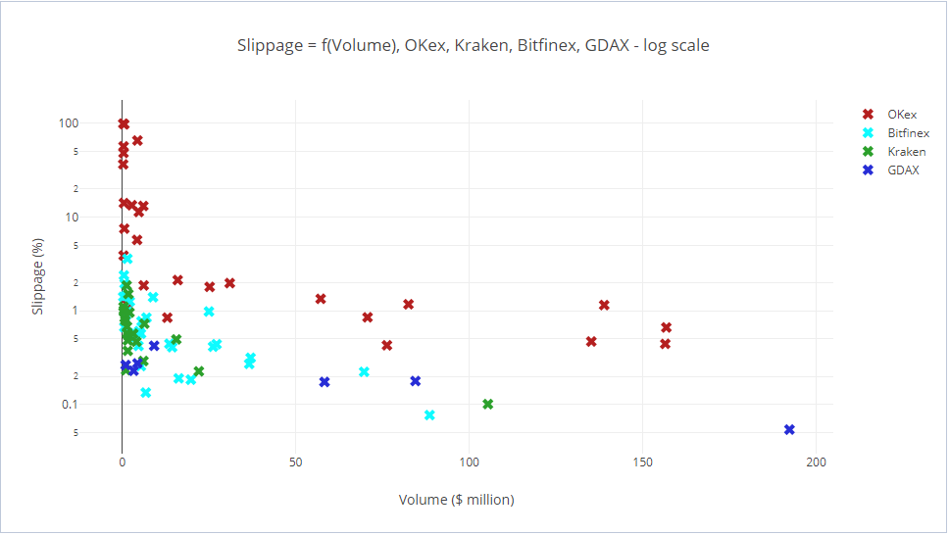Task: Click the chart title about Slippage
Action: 473,45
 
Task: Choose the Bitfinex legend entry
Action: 909,133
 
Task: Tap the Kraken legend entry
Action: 906,152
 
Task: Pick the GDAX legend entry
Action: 903,170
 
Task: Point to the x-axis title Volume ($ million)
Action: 456,500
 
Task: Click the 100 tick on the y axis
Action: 69,123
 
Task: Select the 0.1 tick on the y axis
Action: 70,405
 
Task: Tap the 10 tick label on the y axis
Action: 72,217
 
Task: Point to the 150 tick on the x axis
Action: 643,462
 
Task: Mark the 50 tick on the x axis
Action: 295,462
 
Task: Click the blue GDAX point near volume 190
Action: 789,430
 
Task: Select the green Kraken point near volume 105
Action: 488,405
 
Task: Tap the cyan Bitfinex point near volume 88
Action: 429,415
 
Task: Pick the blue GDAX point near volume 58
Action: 325,382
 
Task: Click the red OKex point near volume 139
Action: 604,306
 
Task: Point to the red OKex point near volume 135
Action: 591,342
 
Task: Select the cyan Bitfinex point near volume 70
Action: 364,372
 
